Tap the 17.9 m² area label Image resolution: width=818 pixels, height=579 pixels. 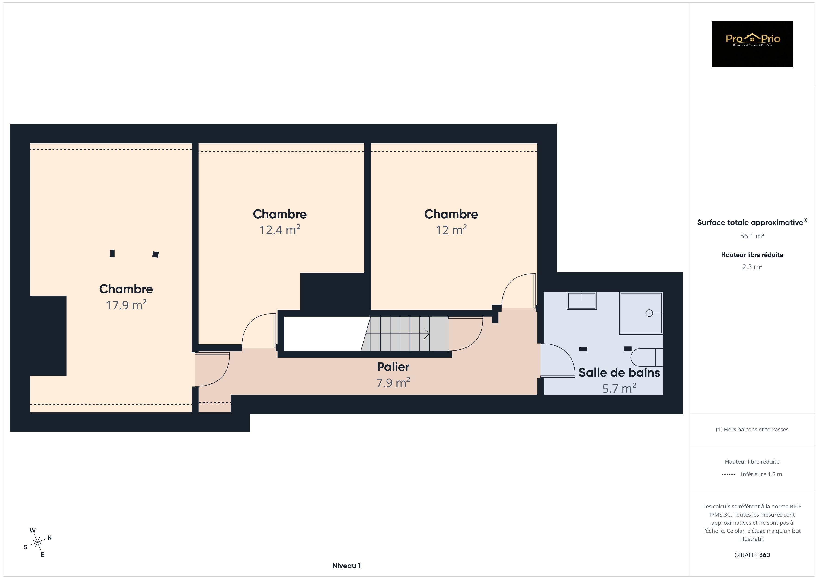pyautogui.click(x=126, y=305)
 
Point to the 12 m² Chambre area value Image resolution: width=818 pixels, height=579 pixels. pyautogui.click(x=451, y=230)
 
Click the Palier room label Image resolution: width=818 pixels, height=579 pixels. pyautogui.click(x=393, y=367)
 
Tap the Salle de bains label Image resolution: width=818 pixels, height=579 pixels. pyautogui.click(x=619, y=373)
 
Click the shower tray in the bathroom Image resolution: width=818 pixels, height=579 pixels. pyautogui.click(x=641, y=313)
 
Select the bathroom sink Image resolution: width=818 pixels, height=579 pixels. pyautogui.click(x=582, y=301)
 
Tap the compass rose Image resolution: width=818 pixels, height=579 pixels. pyautogui.click(x=37, y=543)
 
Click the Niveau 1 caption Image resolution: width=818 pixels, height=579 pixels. pyautogui.click(x=346, y=566)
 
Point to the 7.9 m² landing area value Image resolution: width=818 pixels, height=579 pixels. pyautogui.click(x=393, y=382)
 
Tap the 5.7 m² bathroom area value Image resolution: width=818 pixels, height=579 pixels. pyautogui.click(x=619, y=388)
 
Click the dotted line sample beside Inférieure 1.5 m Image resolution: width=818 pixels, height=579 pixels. pyautogui.click(x=729, y=475)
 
